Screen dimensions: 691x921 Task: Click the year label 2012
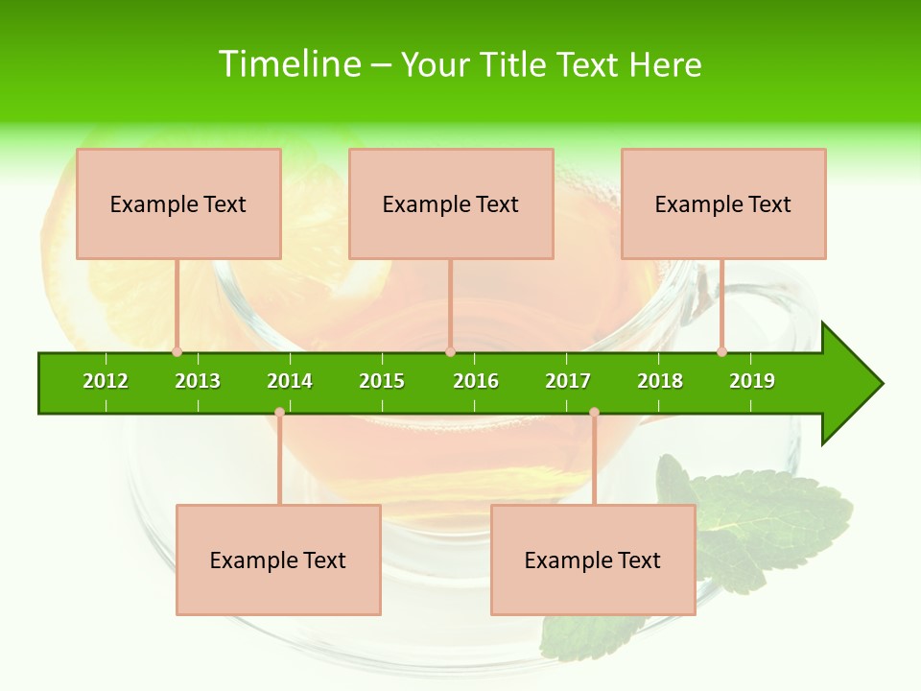point(106,381)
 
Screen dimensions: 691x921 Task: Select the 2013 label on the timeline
point(198,381)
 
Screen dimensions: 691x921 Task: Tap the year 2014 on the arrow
point(290,381)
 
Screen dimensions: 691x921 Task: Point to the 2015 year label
point(382,381)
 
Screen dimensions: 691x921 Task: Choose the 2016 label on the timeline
point(476,381)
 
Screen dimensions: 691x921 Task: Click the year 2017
point(568,381)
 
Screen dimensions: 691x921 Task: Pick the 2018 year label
point(660,381)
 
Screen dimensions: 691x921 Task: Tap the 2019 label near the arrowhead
point(752,381)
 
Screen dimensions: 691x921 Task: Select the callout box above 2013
point(178,203)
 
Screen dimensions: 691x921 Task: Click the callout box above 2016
point(451,203)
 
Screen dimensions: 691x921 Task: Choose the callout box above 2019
point(723,203)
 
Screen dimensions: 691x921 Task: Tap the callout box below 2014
point(278,560)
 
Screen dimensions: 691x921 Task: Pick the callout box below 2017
point(593,560)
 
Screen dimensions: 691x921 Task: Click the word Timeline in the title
point(289,64)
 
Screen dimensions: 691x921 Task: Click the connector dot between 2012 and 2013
point(177,352)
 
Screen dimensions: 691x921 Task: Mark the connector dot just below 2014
point(279,413)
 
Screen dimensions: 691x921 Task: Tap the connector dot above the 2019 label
point(722,352)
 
